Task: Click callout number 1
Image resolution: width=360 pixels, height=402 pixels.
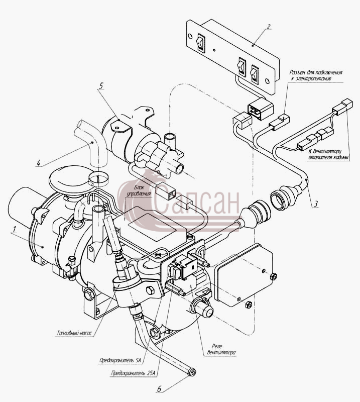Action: pos(15,229)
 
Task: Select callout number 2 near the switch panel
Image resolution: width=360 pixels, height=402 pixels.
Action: pos(268,27)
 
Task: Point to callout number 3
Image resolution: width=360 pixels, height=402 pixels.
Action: pos(316,204)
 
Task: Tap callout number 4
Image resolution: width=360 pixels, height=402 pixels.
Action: pos(38,163)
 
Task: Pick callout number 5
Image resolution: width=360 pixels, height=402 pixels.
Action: pos(101,85)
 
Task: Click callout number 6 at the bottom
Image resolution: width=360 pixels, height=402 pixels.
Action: pos(159,389)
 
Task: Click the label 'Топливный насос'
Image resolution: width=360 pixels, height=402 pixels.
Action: pos(74,333)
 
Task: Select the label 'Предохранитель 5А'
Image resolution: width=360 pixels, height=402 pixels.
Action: pos(121,360)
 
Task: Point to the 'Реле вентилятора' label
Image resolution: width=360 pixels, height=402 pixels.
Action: pos(221,349)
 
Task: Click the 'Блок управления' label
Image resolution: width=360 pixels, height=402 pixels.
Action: pos(140,191)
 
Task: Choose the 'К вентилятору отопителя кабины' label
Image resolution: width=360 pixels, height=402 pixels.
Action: pos(329,154)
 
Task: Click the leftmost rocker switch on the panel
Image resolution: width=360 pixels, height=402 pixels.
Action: pos(200,43)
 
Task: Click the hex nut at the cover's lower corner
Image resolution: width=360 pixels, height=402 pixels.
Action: pos(248,305)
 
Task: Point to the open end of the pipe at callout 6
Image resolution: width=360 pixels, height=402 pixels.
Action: pos(191,372)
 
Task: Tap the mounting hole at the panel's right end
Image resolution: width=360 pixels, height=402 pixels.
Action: pos(267,81)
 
